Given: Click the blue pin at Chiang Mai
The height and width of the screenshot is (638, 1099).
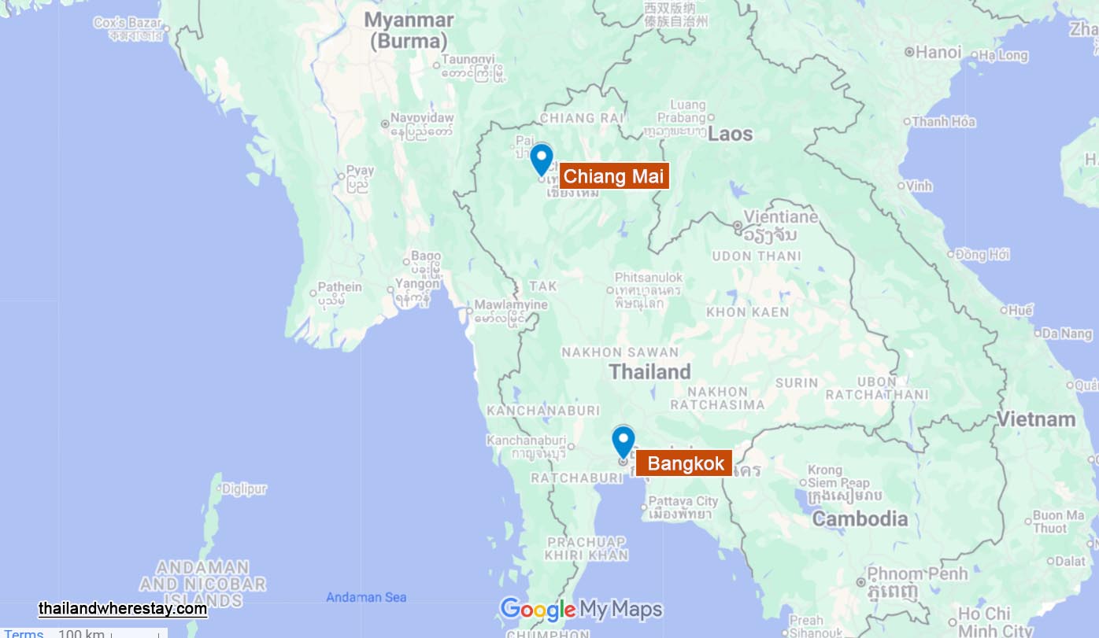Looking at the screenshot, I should (541, 158).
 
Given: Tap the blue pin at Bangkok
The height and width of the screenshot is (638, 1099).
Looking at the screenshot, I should (623, 441).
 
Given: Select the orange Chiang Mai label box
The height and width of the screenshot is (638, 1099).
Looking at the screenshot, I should (614, 176).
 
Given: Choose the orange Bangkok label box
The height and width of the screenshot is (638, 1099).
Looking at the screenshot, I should (685, 463).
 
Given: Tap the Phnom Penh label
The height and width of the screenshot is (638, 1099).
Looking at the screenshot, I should (917, 573).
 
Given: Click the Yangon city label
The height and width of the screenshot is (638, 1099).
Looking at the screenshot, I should (418, 284).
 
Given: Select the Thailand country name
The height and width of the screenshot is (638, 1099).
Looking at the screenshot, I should (650, 371).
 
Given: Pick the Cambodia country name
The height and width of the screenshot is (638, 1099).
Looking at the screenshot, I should (860, 518).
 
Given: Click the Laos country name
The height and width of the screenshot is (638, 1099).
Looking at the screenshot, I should (730, 134).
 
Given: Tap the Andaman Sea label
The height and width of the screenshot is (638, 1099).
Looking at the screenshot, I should (366, 597).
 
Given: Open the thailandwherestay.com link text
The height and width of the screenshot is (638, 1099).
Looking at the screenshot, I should (123, 609).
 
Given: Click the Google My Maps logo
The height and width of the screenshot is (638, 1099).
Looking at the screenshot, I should (581, 610).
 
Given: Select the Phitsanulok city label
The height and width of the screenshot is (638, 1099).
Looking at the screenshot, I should (649, 278).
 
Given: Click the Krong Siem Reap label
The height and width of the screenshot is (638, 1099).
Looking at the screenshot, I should (838, 477).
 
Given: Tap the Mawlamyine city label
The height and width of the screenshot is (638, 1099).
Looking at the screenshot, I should (511, 305).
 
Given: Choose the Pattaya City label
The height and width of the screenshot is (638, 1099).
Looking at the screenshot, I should (683, 501).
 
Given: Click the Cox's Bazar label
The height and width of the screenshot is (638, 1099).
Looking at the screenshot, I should (128, 23).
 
